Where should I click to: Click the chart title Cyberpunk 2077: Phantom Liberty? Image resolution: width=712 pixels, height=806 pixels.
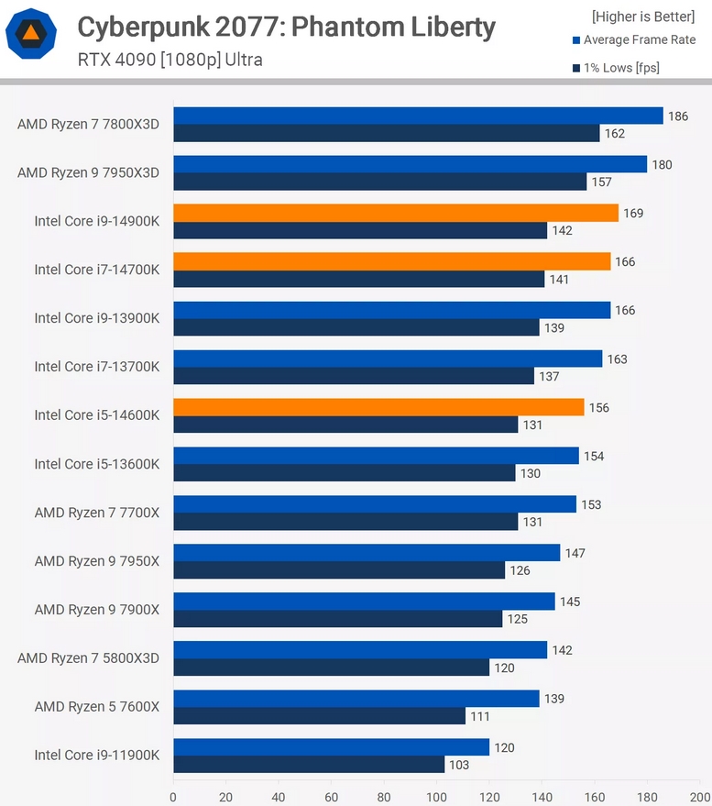[286, 28]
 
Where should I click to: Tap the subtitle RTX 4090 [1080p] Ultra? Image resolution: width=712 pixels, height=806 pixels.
[170, 61]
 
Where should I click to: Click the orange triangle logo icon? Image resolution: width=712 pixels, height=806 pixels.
[31, 35]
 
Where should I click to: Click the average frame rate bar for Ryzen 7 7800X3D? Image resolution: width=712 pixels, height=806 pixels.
[418, 116]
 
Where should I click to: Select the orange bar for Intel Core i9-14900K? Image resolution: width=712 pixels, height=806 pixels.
[396, 213]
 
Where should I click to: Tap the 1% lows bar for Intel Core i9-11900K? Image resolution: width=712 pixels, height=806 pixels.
[309, 765]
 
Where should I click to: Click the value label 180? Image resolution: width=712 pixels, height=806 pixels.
[662, 165]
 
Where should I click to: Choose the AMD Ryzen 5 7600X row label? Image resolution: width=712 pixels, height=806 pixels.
[97, 707]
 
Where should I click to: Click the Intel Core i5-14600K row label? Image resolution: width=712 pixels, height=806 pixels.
[97, 415]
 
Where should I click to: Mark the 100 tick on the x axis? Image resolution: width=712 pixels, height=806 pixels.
[437, 798]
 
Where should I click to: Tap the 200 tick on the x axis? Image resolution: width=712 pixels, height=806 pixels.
[700, 798]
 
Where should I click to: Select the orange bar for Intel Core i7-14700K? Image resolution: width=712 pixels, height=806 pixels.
[392, 261]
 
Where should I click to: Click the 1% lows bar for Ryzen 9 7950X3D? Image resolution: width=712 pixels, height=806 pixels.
[380, 182]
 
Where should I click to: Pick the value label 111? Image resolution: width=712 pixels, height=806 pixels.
[480, 716]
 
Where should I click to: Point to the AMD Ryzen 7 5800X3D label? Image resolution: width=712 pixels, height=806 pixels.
[89, 658]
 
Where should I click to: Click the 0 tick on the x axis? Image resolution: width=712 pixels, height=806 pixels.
[173, 798]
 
